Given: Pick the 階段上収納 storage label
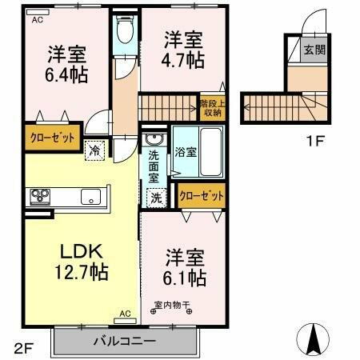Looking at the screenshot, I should tap(212, 106).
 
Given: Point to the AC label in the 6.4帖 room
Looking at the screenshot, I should tap(38, 22).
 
